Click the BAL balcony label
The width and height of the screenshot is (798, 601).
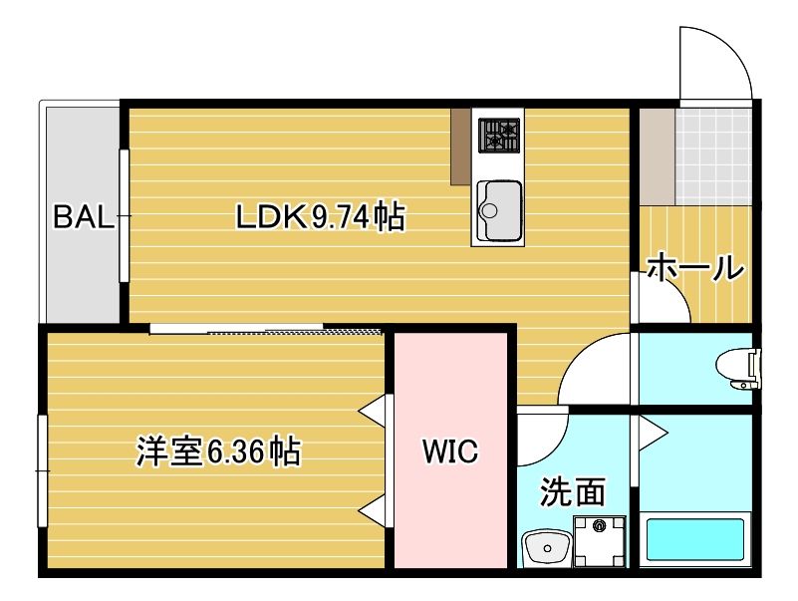pyautogui.click(x=84, y=217)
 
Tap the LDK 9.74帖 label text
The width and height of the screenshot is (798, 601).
pyautogui.click(x=320, y=216)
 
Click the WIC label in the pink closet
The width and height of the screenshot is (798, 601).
pyautogui.click(x=450, y=452)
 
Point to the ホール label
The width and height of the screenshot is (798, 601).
pyautogui.click(x=695, y=267)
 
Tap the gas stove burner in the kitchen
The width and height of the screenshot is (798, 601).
pyautogui.click(x=499, y=135)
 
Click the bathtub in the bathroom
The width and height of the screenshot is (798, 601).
pyautogui.click(x=695, y=539)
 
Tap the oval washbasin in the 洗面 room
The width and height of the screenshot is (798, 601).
pyautogui.click(x=545, y=547)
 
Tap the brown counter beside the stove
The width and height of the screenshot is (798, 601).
pyautogui.click(x=460, y=146)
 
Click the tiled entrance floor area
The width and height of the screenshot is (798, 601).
pyautogui.click(x=711, y=155)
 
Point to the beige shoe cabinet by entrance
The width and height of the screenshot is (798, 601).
pyautogui.click(x=655, y=155)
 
